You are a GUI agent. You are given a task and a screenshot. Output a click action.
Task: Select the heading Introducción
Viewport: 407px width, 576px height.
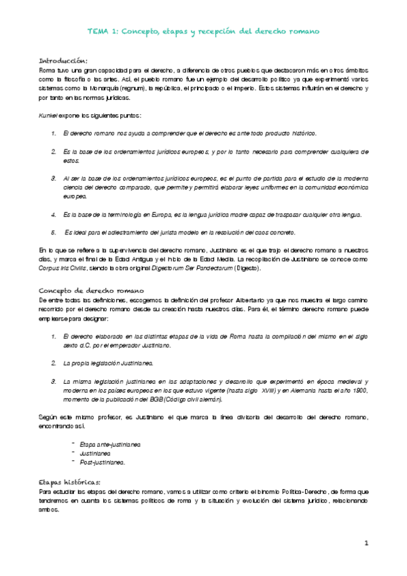(63, 60)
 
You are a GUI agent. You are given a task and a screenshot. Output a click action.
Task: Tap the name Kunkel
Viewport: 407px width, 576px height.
(48, 116)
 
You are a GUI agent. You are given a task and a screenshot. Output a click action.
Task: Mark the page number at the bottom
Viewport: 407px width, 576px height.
(366, 543)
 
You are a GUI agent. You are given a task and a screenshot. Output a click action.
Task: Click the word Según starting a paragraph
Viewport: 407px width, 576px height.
(48, 416)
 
